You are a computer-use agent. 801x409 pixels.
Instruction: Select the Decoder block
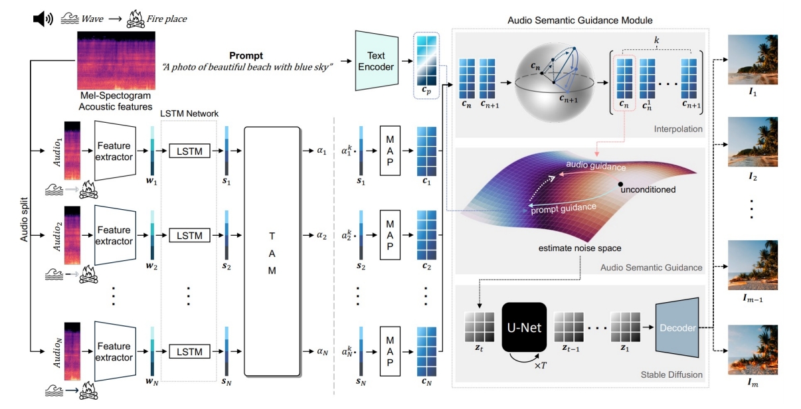click(678, 328)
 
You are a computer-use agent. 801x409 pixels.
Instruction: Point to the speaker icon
click(43, 19)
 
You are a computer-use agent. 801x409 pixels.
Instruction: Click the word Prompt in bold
click(246, 56)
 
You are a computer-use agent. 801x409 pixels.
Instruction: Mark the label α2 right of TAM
click(322, 235)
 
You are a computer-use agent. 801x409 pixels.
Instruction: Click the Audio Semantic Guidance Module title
click(580, 21)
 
